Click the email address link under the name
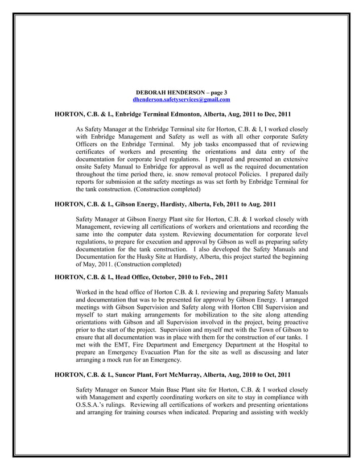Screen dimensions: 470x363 181,100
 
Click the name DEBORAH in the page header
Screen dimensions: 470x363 151,92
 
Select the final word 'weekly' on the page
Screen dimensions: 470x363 296,412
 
